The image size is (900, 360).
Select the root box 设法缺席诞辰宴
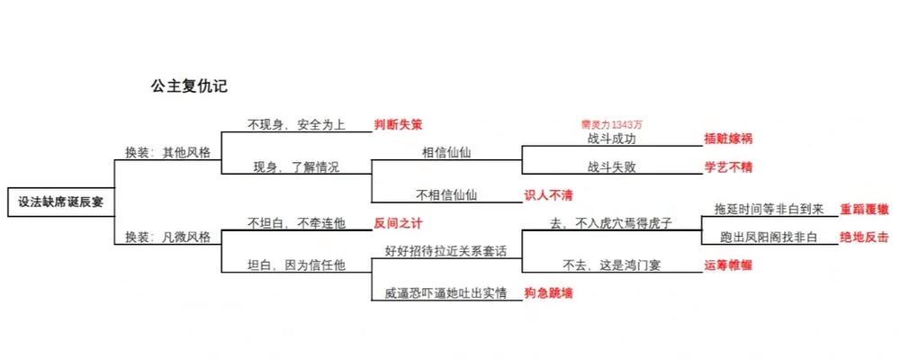point(60,202)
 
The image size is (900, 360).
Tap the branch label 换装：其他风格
point(167,152)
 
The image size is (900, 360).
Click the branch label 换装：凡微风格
point(167,238)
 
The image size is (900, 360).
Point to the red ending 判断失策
point(398,124)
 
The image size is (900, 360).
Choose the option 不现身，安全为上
point(296,124)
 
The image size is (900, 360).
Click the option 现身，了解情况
point(296,166)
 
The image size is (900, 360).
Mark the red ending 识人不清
point(549,194)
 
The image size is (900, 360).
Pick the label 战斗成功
point(612,139)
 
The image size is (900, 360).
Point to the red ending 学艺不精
point(728,166)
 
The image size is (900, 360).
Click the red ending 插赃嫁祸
point(728,139)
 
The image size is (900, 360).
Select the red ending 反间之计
point(398,222)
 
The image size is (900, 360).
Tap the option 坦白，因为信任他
point(296,265)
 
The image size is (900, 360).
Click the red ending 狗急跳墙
point(549,292)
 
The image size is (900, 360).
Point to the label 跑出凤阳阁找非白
point(769,237)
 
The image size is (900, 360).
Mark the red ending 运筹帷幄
point(728,265)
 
